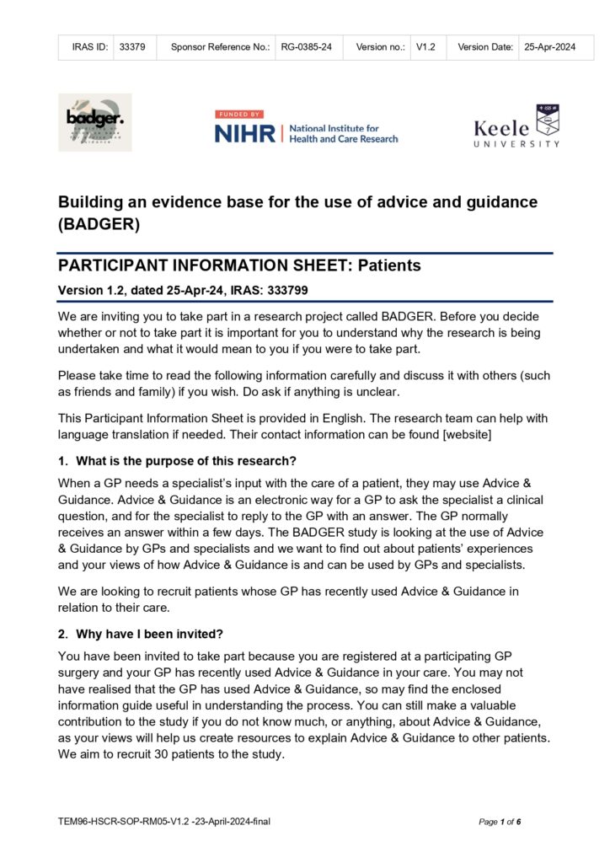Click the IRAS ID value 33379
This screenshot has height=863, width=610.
click(133, 48)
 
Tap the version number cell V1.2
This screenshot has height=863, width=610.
click(425, 48)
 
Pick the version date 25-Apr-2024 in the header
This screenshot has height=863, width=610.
click(549, 48)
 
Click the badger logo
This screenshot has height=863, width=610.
click(94, 123)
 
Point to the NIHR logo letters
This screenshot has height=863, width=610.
click(244, 133)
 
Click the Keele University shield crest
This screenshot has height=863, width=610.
click(548, 121)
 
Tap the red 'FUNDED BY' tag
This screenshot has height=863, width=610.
click(239, 114)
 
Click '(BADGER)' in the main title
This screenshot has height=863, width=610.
click(99, 225)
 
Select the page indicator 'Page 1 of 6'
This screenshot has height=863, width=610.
click(500, 822)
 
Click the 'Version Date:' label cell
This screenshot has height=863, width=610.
click(485, 48)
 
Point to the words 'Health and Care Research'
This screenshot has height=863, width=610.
click(343, 139)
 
